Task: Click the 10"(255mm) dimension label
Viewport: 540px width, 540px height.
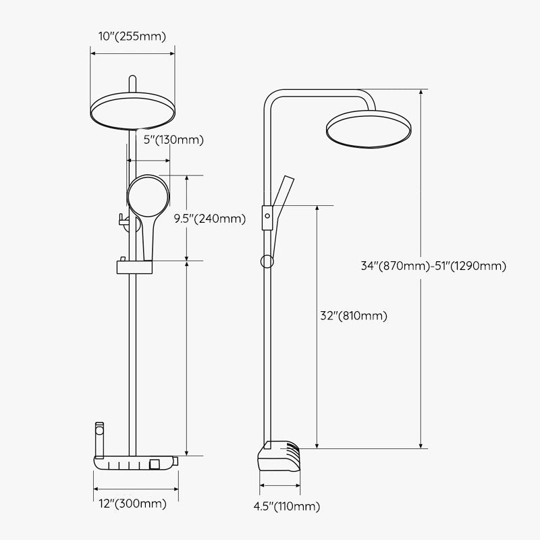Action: pyautogui.click(x=132, y=36)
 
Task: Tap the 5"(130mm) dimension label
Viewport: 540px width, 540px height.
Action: pyautogui.click(x=174, y=140)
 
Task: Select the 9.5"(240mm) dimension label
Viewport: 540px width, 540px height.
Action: pyautogui.click(x=209, y=218)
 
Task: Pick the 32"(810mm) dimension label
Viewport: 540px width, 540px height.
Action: pyautogui.click(x=354, y=315)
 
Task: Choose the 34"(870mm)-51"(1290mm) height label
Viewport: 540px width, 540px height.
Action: pyautogui.click(x=433, y=266)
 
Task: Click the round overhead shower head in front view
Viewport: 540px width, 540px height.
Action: pyautogui.click(x=132, y=111)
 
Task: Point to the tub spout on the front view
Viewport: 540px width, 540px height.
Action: pyautogui.click(x=101, y=439)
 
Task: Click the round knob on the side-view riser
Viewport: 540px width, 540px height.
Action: pyautogui.click(x=267, y=261)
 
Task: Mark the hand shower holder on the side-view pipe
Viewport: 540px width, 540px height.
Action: pyautogui.click(x=267, y=215)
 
